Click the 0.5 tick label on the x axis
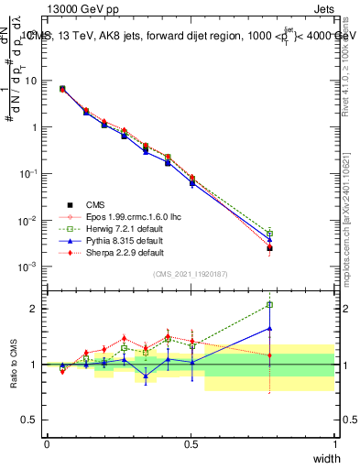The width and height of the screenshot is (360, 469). click(191, 444)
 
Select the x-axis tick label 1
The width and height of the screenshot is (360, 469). click(334, 444)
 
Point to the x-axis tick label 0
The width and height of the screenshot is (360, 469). click(47, 444)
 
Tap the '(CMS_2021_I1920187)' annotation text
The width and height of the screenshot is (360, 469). click(191, 275)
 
